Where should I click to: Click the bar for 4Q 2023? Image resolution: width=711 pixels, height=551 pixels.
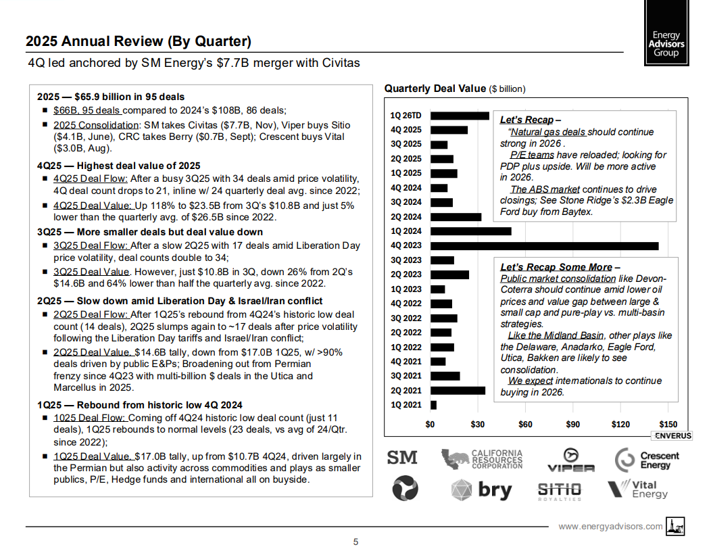544,245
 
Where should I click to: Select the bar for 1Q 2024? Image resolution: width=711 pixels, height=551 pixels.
470,231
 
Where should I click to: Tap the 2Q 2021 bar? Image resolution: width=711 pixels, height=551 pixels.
458,390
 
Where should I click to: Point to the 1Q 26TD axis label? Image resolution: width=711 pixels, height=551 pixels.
406,116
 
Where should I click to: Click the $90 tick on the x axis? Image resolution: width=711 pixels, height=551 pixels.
572,425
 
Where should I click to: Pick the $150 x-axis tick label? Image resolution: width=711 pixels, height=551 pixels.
668,425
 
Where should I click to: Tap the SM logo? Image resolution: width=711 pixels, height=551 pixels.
401,458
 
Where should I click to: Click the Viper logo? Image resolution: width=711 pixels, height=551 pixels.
570,459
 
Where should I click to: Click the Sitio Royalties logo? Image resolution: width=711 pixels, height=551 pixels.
559,490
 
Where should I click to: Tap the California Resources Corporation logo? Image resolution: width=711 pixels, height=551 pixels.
482,459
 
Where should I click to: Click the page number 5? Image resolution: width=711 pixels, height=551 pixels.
355,541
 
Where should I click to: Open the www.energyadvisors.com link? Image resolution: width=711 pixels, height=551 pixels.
610,526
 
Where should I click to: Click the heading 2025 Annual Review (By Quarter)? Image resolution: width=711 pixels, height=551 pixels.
139,41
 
